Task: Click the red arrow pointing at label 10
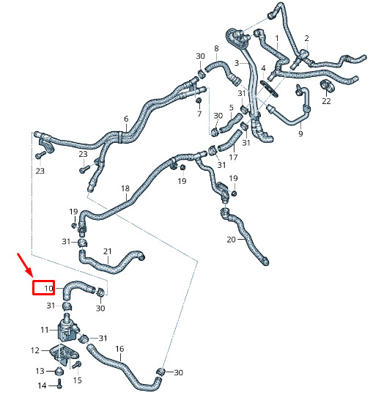click(25, 265)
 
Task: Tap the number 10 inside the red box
click(48, 288)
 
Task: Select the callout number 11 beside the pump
click(45, 330)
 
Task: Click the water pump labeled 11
click(67, 328)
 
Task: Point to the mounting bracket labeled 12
click(64, 355)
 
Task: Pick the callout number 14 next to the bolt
click(42, 385)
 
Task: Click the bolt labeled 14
click(59, 384)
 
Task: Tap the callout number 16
click(119, 349)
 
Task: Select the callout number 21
click(108, 251)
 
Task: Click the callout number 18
click(125, 188)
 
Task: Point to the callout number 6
click(126, 119)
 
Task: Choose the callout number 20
click(231, 240)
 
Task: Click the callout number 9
click(300, 133)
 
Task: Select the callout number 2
click(306, 38)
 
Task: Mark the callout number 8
click(216, 48)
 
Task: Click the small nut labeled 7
click(199, 101)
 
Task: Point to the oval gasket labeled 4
click(269, 88)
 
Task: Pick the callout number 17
click(233, 157)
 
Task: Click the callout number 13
click(40, 371)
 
